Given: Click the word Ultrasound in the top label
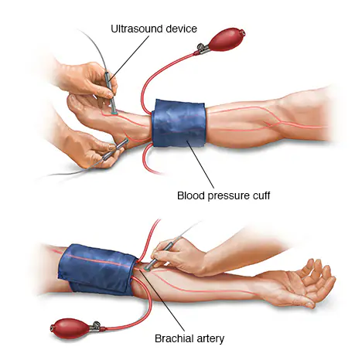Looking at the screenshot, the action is pos(137,29).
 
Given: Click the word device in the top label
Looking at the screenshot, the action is pos(182,29).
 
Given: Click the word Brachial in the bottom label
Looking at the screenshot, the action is pos(174,338).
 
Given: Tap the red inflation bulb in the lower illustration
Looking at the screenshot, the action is pos(70,328).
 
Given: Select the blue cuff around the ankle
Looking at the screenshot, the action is pos(179,124).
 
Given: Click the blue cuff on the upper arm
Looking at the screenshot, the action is pos(98,269).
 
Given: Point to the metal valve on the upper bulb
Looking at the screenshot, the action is pos(203,49).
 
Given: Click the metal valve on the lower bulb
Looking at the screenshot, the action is pos(95,327).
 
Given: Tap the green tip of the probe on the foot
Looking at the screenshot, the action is pos(114,113).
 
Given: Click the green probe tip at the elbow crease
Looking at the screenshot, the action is pos(147,269).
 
